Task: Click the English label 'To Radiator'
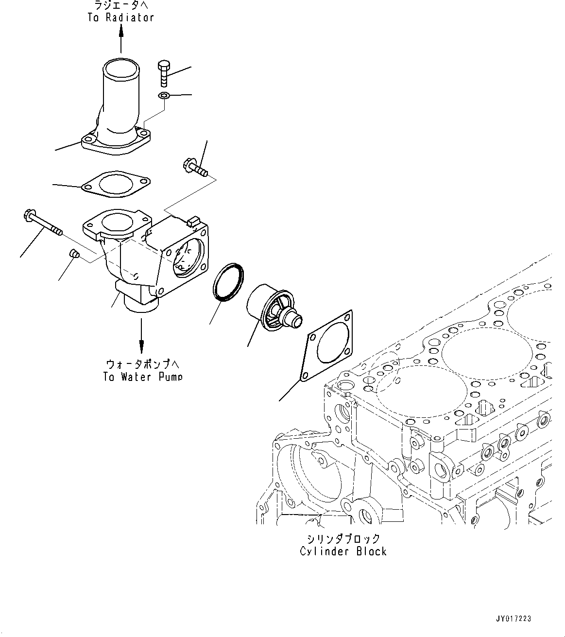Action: [121, 17]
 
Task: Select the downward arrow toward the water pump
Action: [141, 336]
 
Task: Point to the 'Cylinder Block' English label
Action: [343, 551]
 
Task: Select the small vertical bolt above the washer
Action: [164, 73]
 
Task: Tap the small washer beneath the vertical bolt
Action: [164, 96]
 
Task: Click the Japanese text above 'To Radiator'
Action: [121, 6]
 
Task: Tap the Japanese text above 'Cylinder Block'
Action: [343, 539]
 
